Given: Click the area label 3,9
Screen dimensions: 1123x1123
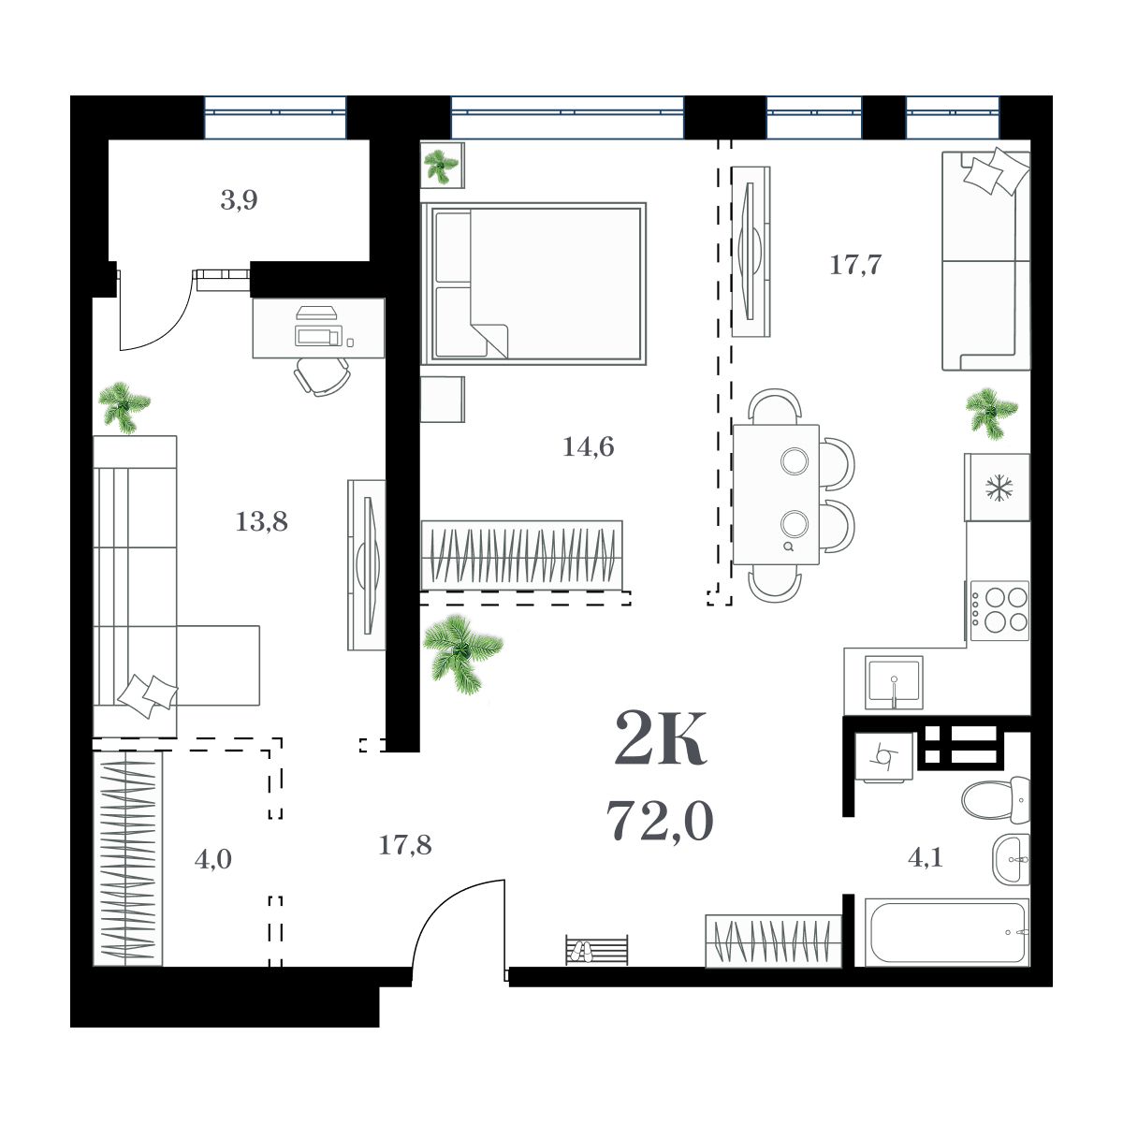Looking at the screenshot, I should [239, 200].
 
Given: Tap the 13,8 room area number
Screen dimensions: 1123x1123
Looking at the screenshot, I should [261, 522].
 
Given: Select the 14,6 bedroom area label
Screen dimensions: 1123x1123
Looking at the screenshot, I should [588, 447].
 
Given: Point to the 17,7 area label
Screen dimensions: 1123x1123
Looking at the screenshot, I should [855, 265].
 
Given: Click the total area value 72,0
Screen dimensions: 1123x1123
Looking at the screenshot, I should [660, 822].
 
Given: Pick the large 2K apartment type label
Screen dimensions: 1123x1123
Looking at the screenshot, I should [660, 739].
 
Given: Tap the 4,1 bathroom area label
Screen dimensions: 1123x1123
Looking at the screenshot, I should [925, 857].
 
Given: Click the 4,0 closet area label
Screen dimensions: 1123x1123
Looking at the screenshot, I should [212, 859].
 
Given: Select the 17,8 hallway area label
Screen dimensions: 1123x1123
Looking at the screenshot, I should [404, 846].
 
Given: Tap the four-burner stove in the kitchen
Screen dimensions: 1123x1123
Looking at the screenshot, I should [999, 609].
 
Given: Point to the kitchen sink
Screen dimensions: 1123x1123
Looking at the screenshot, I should [894, 683].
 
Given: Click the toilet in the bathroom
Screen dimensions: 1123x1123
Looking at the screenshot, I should [995, 798].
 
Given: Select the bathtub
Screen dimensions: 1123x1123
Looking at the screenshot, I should [946, 932].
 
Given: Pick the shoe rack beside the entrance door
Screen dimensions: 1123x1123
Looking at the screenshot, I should [596, 950].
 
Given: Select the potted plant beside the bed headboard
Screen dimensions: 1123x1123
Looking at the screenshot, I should [441, 166].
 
